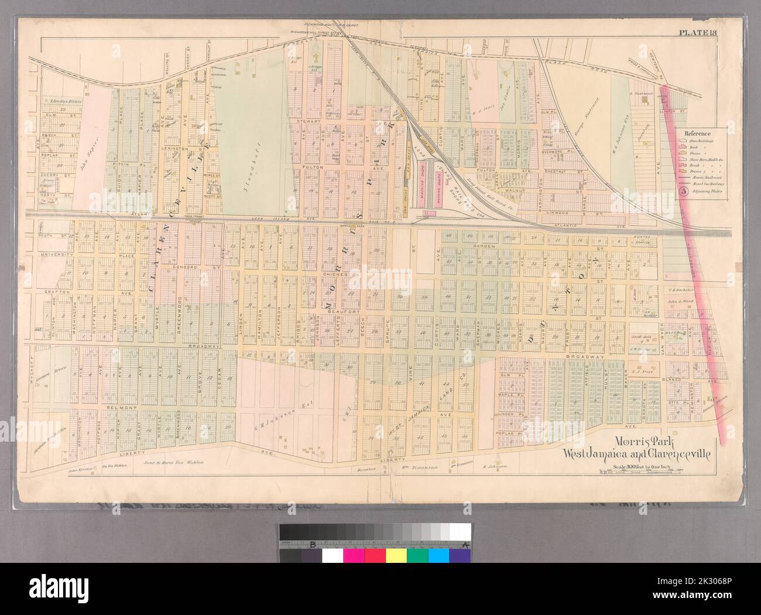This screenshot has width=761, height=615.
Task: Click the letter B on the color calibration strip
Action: pyautogui.click(x=313, y=545)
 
